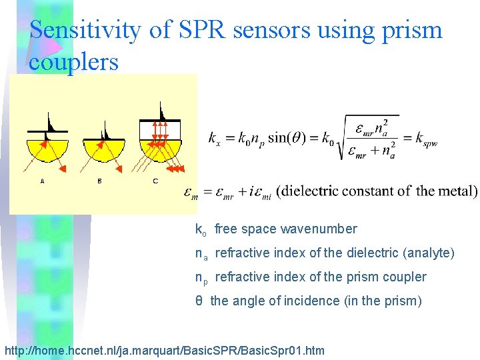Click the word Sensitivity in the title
point(86,31)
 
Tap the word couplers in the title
point(73,62)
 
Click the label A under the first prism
point(42,181)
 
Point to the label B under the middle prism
point(99,181)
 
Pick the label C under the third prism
point(155,181)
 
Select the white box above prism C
point(161,129)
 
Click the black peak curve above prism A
point(51,123)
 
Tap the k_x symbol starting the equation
point(215,139)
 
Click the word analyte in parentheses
point(427,253)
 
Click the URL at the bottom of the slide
point(164,350)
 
